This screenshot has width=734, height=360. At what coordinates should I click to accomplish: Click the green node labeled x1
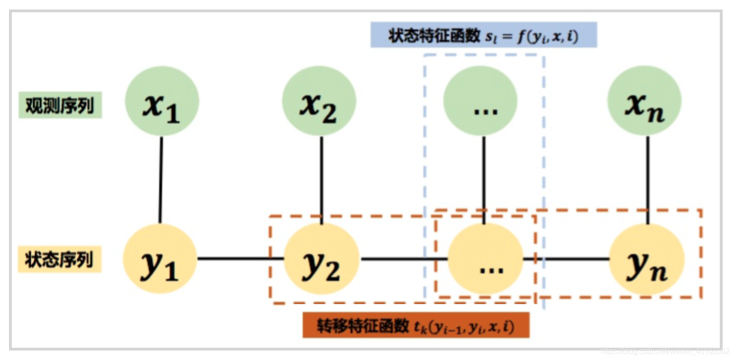162,101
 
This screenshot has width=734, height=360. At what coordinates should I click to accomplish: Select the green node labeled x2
319,101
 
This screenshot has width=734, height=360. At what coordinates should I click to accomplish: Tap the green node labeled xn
644,101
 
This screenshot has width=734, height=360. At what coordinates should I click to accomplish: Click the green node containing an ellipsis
480,101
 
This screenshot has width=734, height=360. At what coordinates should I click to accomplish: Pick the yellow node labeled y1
160,259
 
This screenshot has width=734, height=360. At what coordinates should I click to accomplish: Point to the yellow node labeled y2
322,259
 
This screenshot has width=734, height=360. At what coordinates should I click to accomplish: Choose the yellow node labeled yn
647,259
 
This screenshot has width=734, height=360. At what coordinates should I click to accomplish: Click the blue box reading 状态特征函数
483,35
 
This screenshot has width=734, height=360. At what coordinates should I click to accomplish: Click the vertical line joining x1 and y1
161,180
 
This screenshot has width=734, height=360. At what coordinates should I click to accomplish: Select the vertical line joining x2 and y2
322,180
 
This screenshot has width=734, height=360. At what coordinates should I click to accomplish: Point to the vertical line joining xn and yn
647,180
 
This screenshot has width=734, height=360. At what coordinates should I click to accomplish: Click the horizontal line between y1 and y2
241,259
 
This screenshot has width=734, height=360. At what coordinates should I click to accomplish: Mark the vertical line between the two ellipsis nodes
483,180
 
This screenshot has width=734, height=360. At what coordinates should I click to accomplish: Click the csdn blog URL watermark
665,351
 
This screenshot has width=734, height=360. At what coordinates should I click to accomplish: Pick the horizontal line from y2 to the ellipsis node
404,259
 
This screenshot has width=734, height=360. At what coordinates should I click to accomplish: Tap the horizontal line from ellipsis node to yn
566,259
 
